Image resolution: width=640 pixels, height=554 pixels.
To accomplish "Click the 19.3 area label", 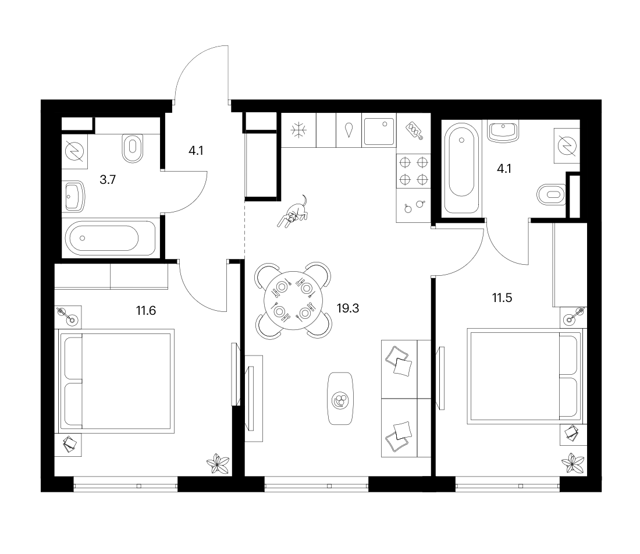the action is pos(348,308).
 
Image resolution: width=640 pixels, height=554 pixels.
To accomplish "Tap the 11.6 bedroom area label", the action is pos(145,311).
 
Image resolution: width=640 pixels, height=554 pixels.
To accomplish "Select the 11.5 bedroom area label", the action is pos(502,298).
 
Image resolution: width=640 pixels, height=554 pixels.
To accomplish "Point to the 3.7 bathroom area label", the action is pos(108,180).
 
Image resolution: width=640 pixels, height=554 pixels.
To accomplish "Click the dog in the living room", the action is pos(293,212).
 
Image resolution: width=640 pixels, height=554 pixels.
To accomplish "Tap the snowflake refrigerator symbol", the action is pos(298,130).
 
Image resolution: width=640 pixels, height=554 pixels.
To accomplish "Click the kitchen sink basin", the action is pos(379,132).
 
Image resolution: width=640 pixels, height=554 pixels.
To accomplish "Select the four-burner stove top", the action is pos(414,171).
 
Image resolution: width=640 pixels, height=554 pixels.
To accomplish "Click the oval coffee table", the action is pos(340,399).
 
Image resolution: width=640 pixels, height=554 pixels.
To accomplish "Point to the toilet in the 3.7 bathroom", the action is pos(132,148).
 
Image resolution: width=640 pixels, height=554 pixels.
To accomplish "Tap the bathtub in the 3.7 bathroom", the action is pos(109,238).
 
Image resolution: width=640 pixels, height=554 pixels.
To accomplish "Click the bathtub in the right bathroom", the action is pos(461,168).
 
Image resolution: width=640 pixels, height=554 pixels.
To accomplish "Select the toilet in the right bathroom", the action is pos(552,195).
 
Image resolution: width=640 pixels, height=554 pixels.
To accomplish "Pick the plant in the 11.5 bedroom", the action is pos(573,463).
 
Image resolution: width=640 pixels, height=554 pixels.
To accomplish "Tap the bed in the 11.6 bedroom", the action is pos(117,381).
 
